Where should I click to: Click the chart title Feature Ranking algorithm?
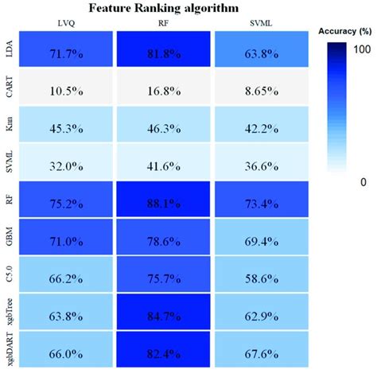(163, 9)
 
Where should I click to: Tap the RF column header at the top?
(163, 24)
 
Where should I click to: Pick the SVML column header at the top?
(259, 24)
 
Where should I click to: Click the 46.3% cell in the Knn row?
(163, 124)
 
